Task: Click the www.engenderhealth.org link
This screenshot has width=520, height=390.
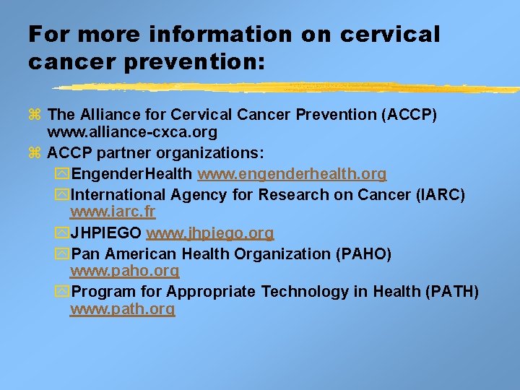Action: [292, 175]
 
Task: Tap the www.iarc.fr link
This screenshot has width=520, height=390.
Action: [112, 212]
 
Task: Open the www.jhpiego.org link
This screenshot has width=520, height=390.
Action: [209, 233]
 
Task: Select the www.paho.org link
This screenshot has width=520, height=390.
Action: [124, 272]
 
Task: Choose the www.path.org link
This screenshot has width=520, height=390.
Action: [122, 309]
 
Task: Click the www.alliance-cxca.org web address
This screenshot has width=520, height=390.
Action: [131, 133]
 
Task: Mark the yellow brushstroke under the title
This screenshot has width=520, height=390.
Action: [289, 88]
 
